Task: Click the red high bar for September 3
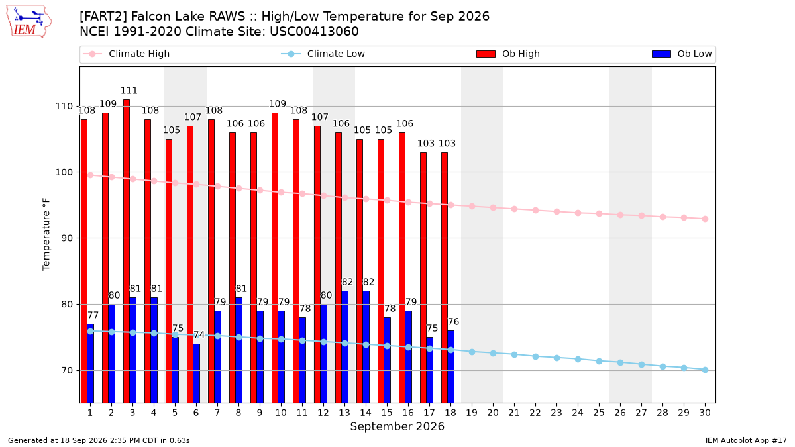(127, 251)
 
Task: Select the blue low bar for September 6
(196, 373)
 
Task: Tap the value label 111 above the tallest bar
(129, 91)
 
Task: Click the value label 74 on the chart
(199, 335)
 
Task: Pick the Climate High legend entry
(127, 54)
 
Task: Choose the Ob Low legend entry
(682, 54)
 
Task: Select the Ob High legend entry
(508, 54)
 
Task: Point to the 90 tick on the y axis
(67, 238)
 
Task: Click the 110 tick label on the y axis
(64, 106)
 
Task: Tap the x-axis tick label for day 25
(599, 413)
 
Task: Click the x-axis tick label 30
(705, 413)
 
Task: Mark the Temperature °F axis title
(46, 234)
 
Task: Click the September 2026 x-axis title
(397, 426)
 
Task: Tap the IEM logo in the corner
(29, 22)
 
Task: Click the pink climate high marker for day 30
(705, 219)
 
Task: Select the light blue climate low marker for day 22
(535, 356)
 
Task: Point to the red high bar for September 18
(445, 277)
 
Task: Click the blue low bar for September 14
(366, 347)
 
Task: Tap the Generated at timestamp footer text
(99, 440)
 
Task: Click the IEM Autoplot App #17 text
(746, 440)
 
